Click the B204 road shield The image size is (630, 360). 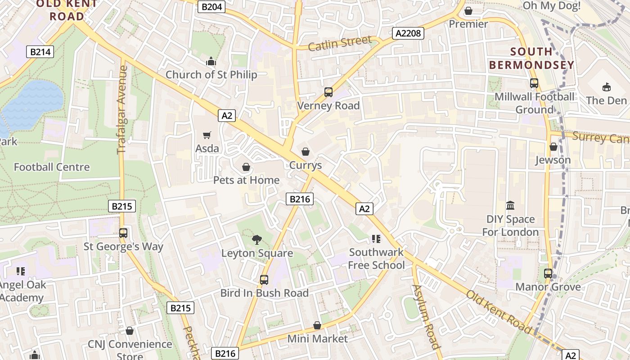[211, 7]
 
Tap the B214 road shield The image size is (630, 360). [40, 52]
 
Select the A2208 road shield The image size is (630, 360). [408, 33]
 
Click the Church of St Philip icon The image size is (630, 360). [211, 62]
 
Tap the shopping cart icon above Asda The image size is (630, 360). [207, 135]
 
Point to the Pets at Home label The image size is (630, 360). [246, 180]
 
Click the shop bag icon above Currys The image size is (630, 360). [306, 152]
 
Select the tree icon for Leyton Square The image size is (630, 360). [257, 239]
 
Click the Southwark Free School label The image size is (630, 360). [377, 259]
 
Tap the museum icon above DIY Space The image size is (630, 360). [510, 206]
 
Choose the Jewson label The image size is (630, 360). [553, 160]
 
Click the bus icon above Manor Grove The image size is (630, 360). [548, 273]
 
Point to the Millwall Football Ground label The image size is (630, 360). [534, 103]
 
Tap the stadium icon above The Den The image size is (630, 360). [606, 87]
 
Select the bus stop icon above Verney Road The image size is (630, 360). [328, 92]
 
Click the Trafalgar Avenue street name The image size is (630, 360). [122, 110]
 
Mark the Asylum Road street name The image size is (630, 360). [425, 317]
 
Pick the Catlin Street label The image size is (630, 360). [340, 44]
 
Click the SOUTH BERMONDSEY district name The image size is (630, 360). [531, 58]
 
